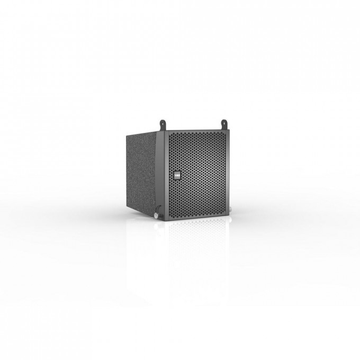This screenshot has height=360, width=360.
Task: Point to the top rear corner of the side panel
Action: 127,133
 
